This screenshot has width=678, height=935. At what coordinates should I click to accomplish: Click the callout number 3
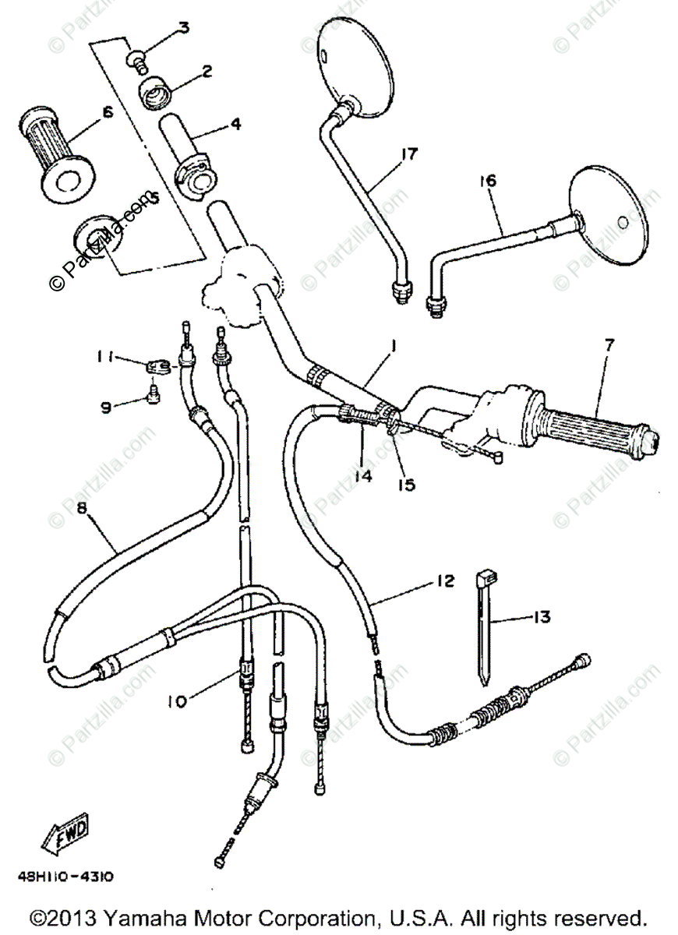coord(183,29)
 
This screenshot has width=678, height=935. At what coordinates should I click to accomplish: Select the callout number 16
coord(488,181)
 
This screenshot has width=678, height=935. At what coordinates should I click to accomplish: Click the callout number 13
coord(563,617)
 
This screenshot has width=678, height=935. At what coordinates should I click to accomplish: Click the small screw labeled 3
coord(136,57)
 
